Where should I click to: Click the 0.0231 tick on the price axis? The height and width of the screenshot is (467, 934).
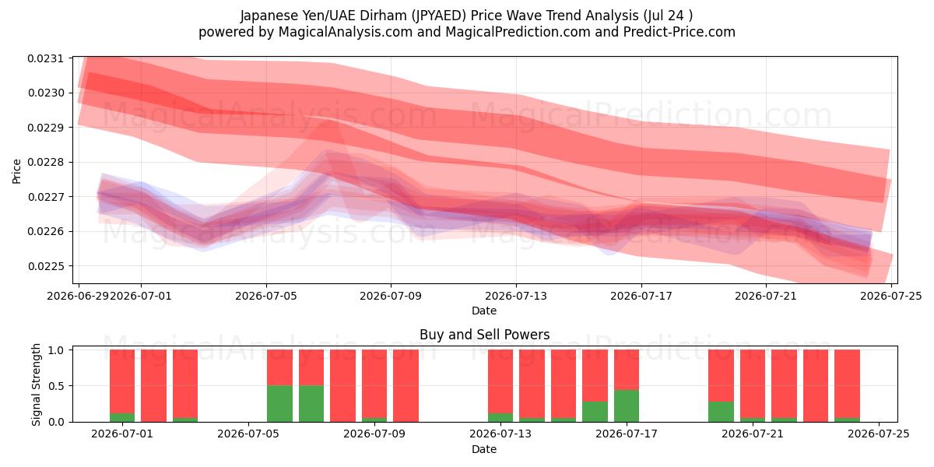[x=46, y=58]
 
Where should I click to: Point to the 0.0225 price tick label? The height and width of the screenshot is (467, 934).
[x=46, y=266]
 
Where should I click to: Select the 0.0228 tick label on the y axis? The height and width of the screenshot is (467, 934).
[x=46, y=162]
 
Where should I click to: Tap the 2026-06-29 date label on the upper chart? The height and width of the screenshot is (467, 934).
[x=79, y=296]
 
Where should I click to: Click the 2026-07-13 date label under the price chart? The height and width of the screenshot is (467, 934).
[x=516, y=296]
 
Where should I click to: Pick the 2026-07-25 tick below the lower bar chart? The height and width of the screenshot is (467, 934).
[x=879, y=434]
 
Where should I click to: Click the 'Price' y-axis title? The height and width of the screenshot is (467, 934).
[x=16, y=171]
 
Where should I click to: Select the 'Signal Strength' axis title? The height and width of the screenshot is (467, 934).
[x=37, y=384]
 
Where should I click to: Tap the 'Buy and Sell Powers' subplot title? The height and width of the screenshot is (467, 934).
[x=484, y=335]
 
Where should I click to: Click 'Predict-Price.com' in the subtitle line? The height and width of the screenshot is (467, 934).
[x=679, y=32]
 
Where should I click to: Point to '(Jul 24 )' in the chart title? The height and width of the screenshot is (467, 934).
[x=668, y=16]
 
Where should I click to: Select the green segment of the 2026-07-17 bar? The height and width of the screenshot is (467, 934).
[x=627, y=406]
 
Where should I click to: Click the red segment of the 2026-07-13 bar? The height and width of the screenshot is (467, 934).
[x=500, y=381]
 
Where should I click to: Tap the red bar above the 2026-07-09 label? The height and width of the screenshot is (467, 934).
[x=374, y=384]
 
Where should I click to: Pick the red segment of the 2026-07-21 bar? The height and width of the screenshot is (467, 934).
[x=753, y=384]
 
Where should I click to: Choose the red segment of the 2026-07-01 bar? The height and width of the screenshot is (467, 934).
[x=122, y=381]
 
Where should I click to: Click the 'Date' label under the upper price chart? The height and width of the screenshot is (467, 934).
[x=484, y=311]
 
